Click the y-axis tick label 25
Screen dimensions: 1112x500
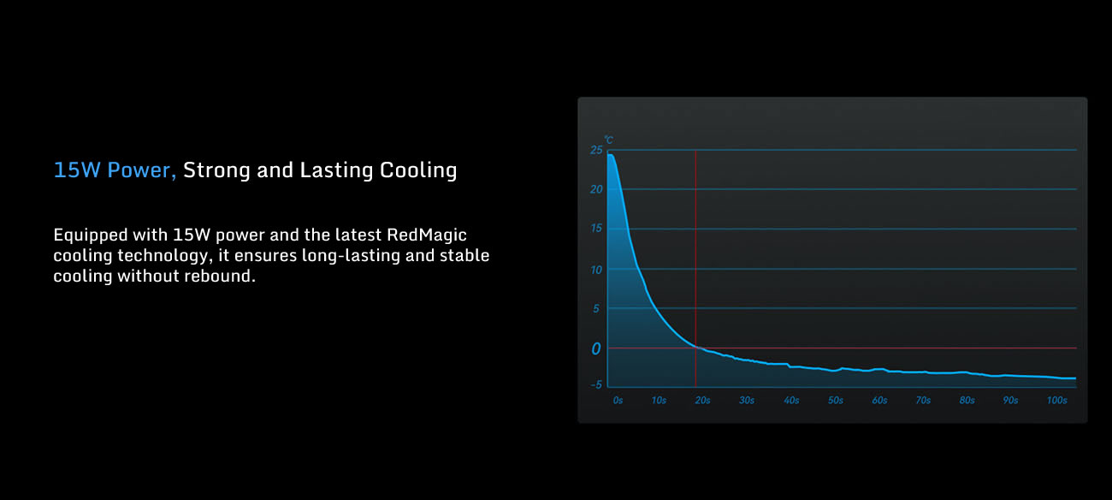[x=596, y=150]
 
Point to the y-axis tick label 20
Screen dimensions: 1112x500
[x=596, y=189]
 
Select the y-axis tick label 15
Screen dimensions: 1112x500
[x=596, y=228]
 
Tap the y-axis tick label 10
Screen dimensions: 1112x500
[x=596, y=270]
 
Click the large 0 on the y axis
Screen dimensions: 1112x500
[x=596, y=349]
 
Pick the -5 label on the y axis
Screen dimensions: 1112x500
[x=595, y=384]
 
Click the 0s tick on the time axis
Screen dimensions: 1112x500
[x=618, y=401]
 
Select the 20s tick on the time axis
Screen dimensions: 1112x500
[x=702, y=401]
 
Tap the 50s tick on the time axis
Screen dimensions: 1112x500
[x=836, y=401]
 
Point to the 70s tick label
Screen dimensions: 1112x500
[x=923, y=401]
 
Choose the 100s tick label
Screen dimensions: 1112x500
[x=1057, y=401]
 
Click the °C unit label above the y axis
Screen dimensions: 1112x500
[x=609, y=140]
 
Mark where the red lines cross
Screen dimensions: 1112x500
[x=695, y=348]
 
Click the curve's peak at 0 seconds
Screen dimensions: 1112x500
[x=610, y=155]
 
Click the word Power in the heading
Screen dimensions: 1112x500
[x=139, y=170]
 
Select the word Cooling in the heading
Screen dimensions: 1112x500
[x=418, y=170]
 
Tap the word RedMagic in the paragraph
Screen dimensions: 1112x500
[x=427, y=235]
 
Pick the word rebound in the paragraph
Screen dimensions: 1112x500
[x=220, y=276]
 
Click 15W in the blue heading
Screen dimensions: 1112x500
[x=77, y=170]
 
